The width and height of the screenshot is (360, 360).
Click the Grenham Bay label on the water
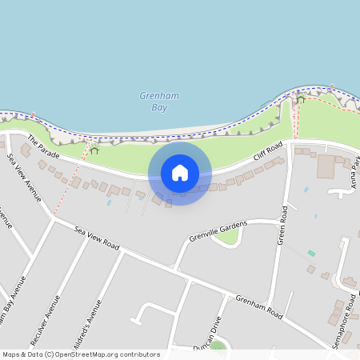(x=158, y=101)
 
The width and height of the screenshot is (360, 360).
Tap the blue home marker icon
(x=180, y=172)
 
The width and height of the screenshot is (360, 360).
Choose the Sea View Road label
(x=96, y=238)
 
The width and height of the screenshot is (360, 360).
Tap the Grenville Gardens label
(x=218, y=230)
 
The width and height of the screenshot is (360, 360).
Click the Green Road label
(x=282, y=227)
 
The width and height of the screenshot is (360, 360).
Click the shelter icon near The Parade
(x=94, y=149)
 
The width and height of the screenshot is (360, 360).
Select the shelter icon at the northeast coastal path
(x=301, y=98)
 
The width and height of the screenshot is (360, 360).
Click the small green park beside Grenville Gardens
(x=226, y=238)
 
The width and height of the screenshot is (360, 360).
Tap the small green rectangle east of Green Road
(x=311, y=254)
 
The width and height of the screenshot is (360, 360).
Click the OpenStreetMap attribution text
(x=81, y=354)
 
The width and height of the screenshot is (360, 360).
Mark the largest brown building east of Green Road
(x=326, y=166)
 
